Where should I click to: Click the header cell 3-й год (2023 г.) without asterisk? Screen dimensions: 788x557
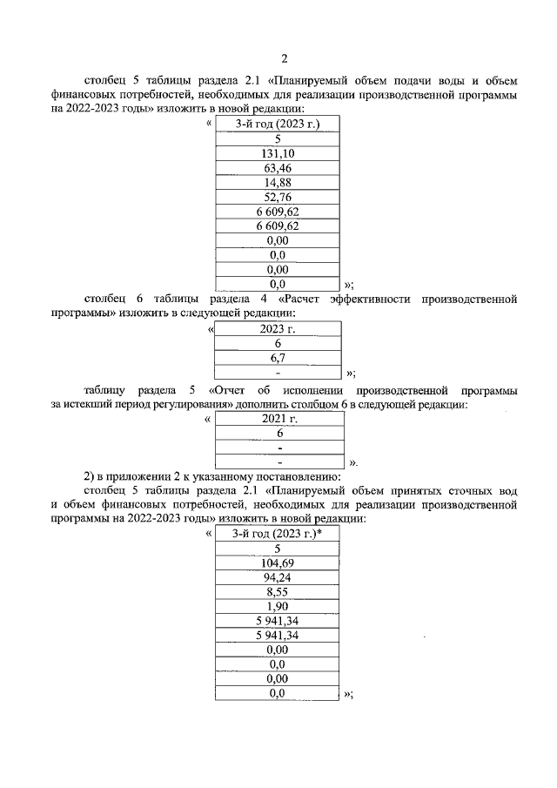click(278, 125)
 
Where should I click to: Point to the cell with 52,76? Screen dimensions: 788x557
click(278, 197)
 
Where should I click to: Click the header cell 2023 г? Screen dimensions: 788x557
click(278, 328)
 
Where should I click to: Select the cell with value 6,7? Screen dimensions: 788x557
click(278, 358)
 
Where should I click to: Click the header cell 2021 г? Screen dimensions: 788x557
click(279, 419)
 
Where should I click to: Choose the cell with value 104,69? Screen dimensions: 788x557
click(278, 563)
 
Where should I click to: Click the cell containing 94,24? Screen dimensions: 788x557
click(278, 577)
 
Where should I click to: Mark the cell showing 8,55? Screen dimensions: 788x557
click(278, 592)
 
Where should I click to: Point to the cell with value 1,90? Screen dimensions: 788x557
click(278, 607)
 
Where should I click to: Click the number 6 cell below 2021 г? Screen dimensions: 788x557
click(279, 433)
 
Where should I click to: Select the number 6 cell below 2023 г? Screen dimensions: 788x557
click(278, 343)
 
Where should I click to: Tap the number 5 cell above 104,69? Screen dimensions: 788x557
click(278, 549)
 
